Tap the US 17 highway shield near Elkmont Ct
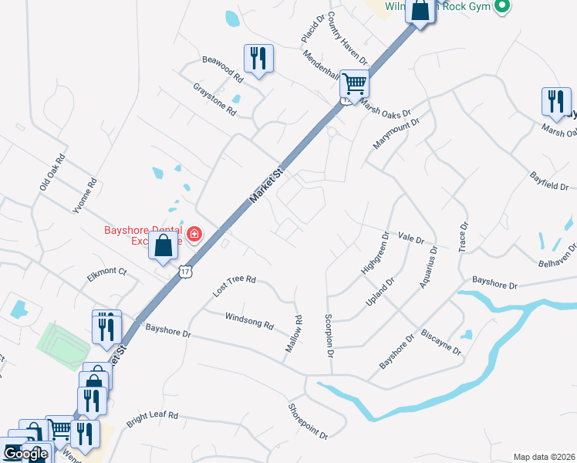point(184,270)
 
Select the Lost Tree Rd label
point(234,286)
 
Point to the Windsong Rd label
point(249,321)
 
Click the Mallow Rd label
point(294,334)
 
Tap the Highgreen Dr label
point(374,252)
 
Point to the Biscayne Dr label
point(441,342)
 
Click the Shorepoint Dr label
point(308,422)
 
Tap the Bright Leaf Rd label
point(153,420)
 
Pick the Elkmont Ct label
point(106,271)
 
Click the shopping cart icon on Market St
point(354,82)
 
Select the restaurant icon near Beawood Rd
point(258,58)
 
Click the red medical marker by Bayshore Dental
point(193,234)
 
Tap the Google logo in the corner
point(25,454)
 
